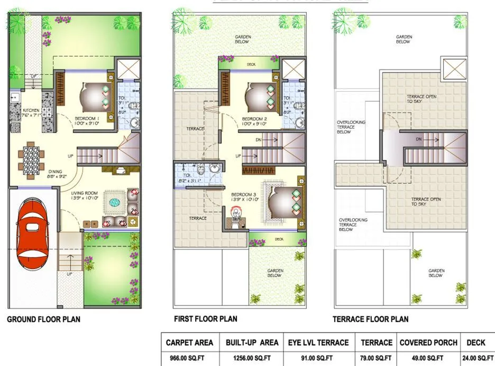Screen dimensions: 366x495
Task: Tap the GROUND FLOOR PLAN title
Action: tap(43, 319)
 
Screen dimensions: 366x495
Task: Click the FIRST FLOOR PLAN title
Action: tap(205, 319)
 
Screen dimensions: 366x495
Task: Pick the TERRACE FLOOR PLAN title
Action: tap(370, 319)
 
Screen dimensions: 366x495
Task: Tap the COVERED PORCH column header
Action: tap(428, 343)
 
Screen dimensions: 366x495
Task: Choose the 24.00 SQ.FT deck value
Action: tap(478, 359)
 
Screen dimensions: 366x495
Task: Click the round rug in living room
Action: tap(115, 201)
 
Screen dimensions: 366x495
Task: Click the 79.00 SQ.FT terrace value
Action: tap(377, 359)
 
